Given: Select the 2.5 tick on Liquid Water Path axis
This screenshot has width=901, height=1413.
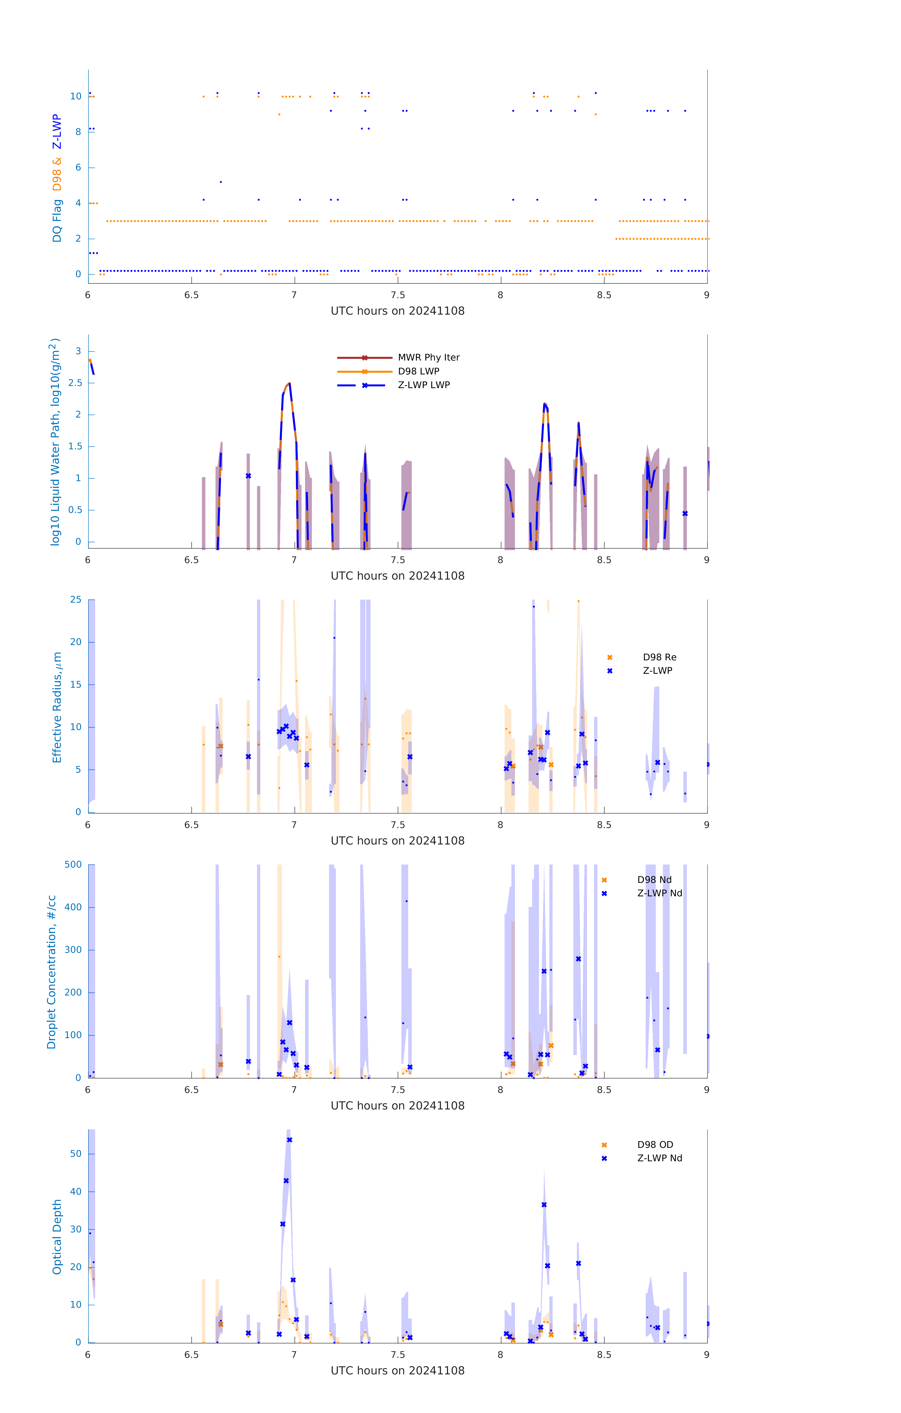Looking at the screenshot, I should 74,383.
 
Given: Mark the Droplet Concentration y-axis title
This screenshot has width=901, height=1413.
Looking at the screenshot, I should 52,972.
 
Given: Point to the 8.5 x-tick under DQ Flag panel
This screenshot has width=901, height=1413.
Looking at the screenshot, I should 604,295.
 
